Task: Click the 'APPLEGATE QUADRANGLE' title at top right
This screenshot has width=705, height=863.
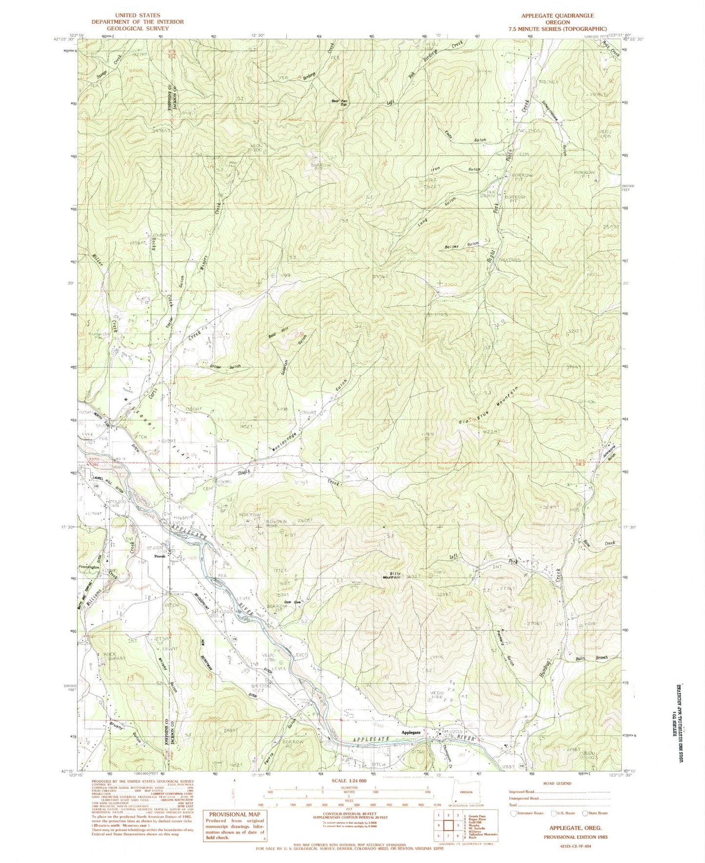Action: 557,16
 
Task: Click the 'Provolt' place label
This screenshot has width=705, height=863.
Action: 161,556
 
